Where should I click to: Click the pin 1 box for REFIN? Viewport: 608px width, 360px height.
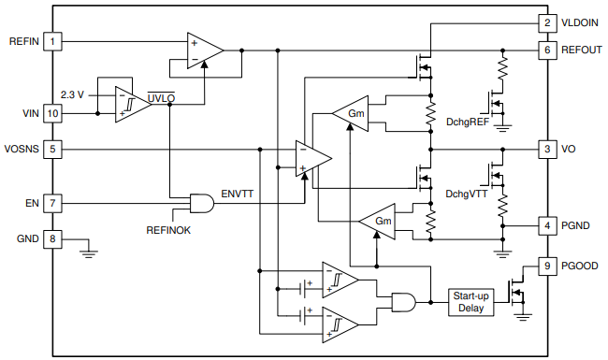click(x=53, y=41)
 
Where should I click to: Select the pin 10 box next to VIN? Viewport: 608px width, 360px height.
click(x=53, y=113)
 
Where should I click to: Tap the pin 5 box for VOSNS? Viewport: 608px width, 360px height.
click(x=53, y=148)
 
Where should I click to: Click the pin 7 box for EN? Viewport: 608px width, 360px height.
click(x=53, y=202)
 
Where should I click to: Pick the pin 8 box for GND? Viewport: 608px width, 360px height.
click(x=53, y=238)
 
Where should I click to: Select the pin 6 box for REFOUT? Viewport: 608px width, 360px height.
click(x=546, y=49)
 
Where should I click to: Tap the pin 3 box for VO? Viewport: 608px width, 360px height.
click(x=546, y=149)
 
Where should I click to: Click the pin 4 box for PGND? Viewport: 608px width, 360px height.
click(x=546, y=224)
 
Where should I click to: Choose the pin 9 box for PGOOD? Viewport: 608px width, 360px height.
click(x=546, y=266)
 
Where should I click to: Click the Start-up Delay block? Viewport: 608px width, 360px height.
click(x=470, y=302)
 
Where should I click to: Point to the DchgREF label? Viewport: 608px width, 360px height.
click(x=467, y=122)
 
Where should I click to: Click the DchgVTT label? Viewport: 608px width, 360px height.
click(x=466, y=194)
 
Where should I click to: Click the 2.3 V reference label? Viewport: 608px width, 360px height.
click(x=72, y=95)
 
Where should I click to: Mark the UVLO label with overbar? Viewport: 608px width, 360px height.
click(x=162, y=96)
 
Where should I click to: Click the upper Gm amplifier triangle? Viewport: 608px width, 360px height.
click(x=351, y=113)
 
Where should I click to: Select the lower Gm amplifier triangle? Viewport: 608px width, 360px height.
click(x=378, y=221)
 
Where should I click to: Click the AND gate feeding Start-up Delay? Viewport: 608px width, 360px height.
click(x=401, y=301)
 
